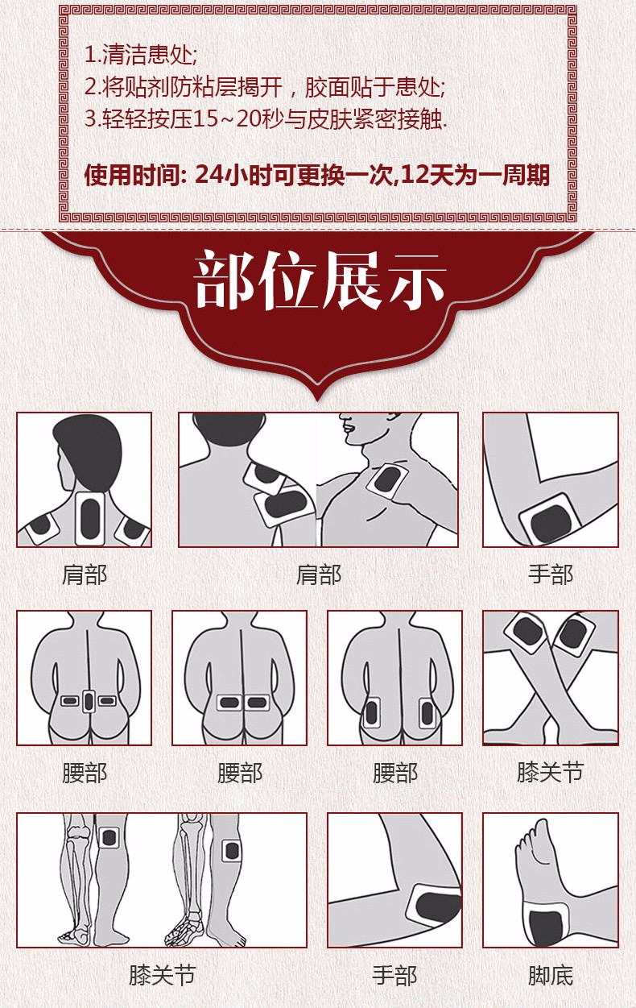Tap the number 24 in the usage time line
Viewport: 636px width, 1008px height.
[x=209, y=175]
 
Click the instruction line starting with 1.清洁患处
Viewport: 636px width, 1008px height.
[x=141, y=56]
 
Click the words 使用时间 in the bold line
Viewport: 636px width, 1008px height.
[x=133, y=175]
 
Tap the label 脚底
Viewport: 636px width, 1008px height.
[x=551, y=975]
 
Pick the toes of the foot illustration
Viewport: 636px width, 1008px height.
[x=531, y=838]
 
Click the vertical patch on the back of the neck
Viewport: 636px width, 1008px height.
[x=90, y=518]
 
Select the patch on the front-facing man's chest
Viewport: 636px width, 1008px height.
[x=387, y=479]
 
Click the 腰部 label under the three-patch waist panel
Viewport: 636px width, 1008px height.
[x=85, y=773]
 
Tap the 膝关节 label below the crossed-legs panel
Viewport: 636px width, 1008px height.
[x=551, y=773]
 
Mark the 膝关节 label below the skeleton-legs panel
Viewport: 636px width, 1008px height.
[x=163, y=975]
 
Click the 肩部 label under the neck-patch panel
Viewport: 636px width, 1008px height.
[x=85, y=575]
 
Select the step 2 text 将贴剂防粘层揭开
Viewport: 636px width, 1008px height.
[x=192, y=87]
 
